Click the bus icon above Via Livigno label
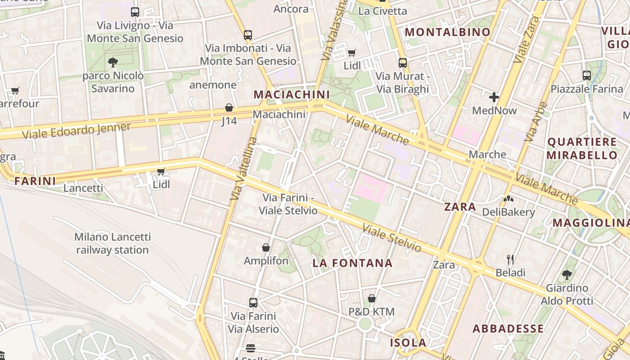click(x=135, y=12)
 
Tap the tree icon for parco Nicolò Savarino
click(x=113, y=63)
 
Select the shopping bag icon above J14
click(x=229, y=108)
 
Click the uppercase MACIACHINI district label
click(x=292, y=94)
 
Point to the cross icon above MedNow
click(x=494, y=97)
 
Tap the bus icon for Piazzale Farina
click(x=587, y=76)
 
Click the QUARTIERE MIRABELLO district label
click(x=582, y=148)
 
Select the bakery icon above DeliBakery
click(x=508, y=198)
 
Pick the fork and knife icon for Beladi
click(x=510, y=259)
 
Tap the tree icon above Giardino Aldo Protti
click(x=567, y=274)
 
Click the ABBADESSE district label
click(x=508, y=328)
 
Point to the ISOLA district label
click(x=408, y=343)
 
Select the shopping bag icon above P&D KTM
click(x=372, y=298)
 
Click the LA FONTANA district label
click(x=353, y=263)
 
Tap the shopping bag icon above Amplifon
click(x=266, y=247)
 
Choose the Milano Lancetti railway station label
click(x=112, y=243)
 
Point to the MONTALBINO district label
click(x=447, y=32)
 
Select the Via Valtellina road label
click(x=243, y=169)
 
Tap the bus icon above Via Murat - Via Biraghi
click(x=403, y=63)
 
